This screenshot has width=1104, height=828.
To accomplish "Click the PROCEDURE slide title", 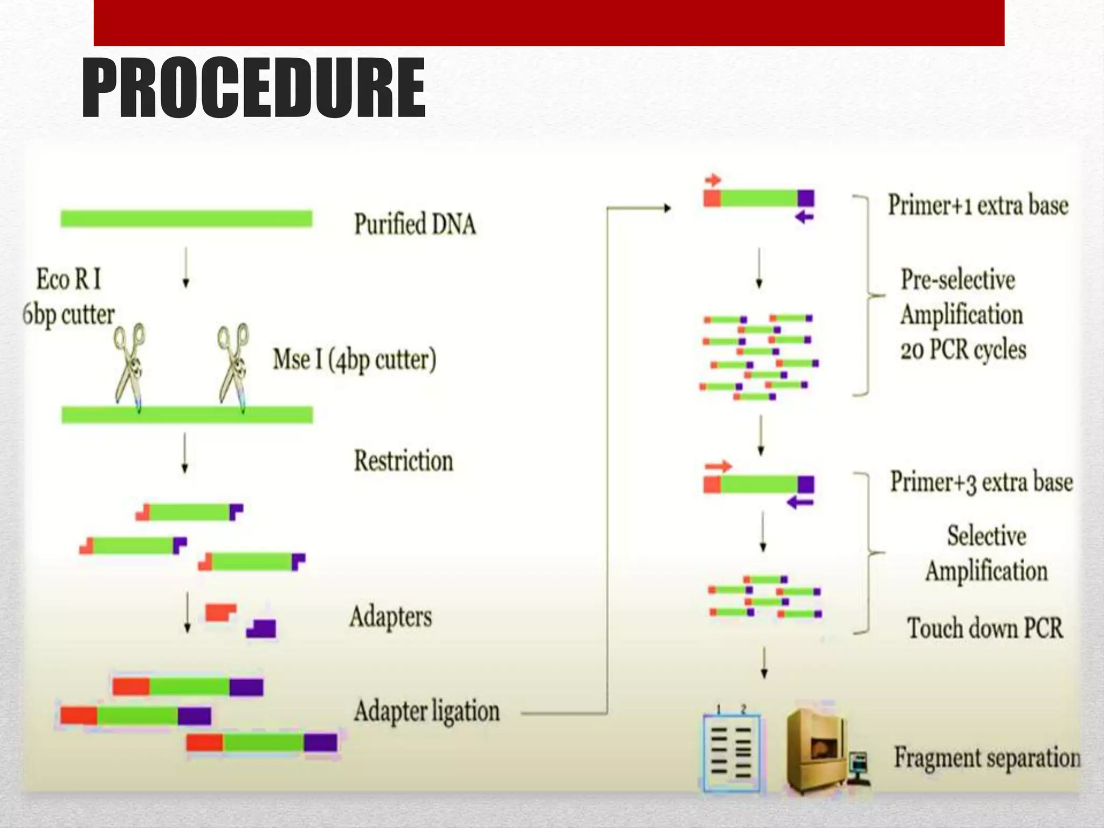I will tap(253, 89).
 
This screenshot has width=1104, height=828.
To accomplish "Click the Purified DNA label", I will tap(415, 224).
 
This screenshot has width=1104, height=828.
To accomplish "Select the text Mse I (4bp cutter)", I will tap(354, 360).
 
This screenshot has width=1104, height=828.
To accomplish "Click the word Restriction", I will tap(403, 461).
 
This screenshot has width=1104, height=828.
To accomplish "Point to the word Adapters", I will tap(391, 616).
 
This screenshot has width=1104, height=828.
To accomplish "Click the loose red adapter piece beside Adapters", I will tap(220, 612).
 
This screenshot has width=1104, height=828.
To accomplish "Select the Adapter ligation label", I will tap(426, 711).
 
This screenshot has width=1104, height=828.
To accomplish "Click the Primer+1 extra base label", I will tap(978, 205).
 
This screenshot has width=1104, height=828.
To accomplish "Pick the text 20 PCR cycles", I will tap(963, 350).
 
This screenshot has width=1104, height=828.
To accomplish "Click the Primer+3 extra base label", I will tap(981, 482).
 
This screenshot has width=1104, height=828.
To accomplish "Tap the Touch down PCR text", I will tap(985, 629).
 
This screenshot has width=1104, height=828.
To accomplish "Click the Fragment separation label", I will tap(988, 758).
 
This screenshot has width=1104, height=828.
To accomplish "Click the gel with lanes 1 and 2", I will tap(732, 751).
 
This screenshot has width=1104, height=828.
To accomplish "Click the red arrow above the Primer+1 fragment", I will tap(713, 180).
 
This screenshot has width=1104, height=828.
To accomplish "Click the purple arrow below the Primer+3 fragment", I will tap(800, 503).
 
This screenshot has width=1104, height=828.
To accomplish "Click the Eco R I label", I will tap(68, 279).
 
